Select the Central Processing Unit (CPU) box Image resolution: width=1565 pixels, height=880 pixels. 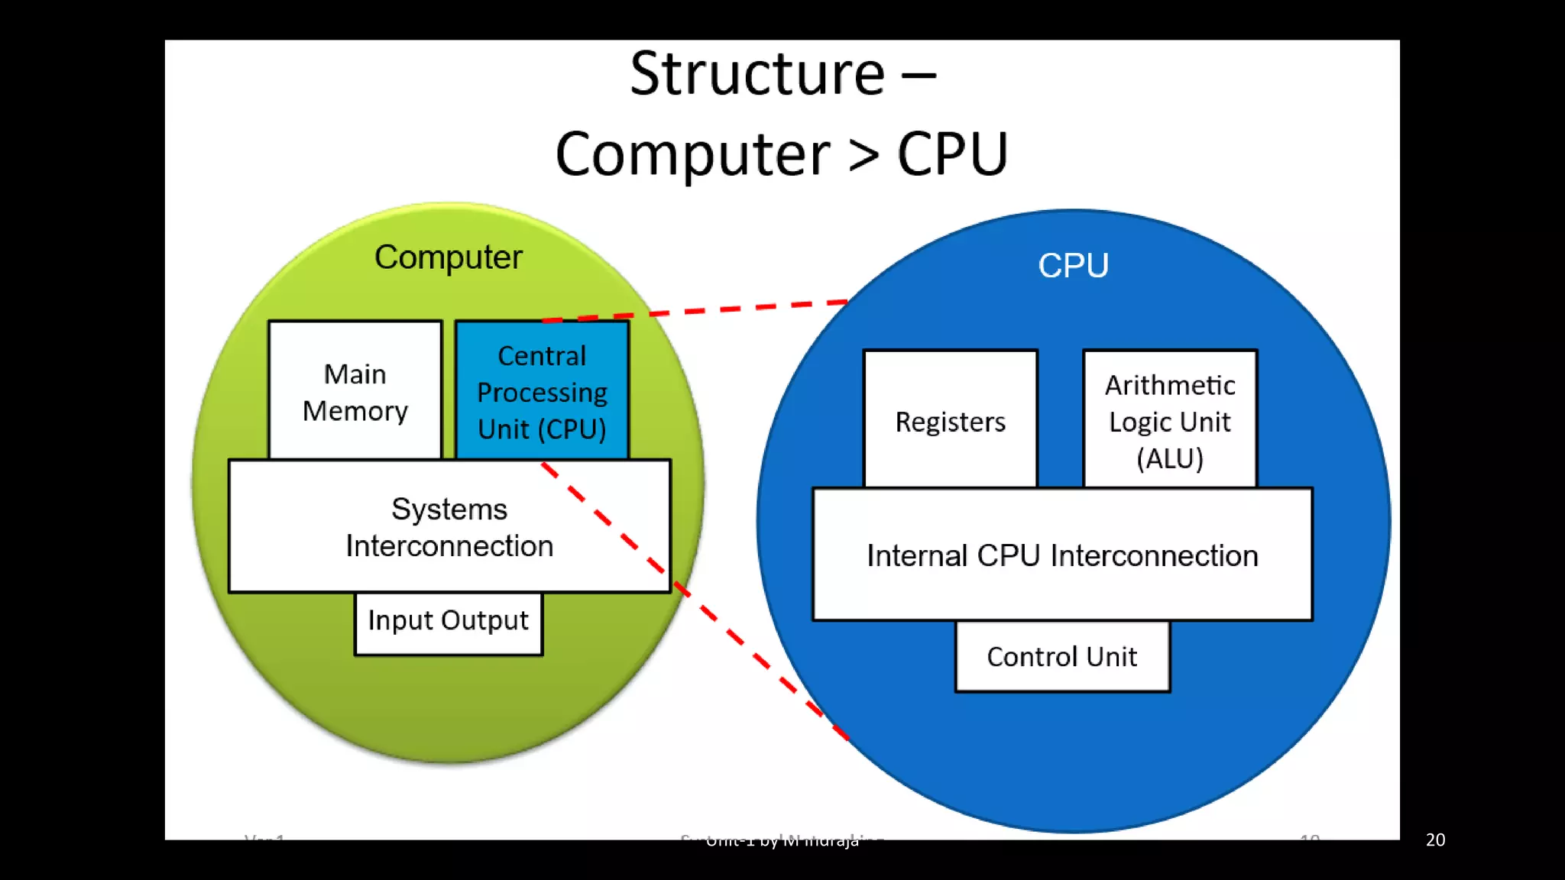click(542, 391)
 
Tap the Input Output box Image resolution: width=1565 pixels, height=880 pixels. click(449, 622)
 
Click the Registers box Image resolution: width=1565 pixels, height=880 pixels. click(950, 421)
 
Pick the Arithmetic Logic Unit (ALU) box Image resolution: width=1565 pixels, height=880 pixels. click(1170, 421)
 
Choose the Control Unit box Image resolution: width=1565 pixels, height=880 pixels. click(1062, 657)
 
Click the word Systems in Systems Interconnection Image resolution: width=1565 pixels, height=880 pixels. click(449, 510)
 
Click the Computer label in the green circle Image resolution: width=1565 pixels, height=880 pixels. click(449, 257)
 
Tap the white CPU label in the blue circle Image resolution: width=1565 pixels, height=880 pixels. click(1073, 266)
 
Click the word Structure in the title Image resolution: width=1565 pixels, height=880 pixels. click(757, 74)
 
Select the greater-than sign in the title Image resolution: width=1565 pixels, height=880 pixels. click(864, 155)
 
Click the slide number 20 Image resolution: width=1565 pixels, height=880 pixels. click(1435, 840)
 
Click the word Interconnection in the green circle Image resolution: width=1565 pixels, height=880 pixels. click(449, 546)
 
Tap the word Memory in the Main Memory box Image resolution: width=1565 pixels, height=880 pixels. click(355, 412)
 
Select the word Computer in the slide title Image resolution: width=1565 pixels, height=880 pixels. click(692, 155)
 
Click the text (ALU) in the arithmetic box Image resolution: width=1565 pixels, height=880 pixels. click(1170, 459)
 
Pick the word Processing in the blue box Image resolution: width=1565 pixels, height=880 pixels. click(542, 393)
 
